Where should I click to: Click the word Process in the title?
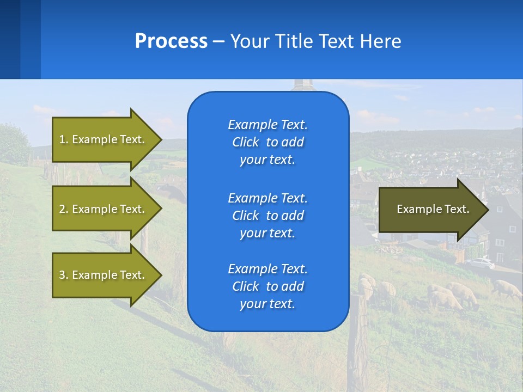point(171,41)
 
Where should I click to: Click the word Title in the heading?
point(293,41)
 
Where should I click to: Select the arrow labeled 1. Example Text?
point(107,139)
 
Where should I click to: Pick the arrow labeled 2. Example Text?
point(107,209)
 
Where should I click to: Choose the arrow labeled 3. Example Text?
point(107,275)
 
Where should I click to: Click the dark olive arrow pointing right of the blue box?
point(434,210)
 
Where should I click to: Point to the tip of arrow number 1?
point(162,140)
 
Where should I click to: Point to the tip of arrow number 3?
point(162,275)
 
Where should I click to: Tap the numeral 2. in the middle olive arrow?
point(64,209)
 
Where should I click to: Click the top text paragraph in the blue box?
point(268,142)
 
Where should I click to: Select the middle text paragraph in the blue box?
point(268,216)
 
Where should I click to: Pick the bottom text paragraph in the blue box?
point(268,286)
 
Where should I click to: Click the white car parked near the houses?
point(481,263)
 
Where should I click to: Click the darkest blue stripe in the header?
point(10,39)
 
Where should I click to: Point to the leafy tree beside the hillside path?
point(14,144)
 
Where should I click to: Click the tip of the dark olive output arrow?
point(489,210)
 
